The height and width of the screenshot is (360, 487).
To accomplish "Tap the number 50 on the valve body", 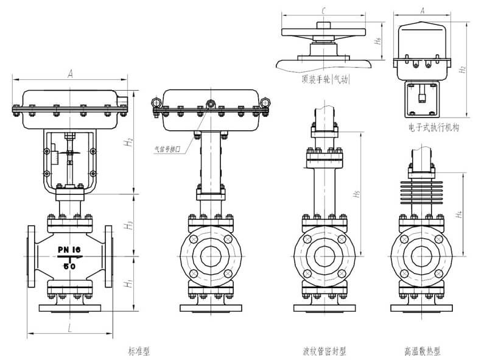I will coord(71,267).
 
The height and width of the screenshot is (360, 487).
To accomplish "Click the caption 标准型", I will coord(139,351).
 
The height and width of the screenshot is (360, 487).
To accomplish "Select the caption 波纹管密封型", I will coord(324,351).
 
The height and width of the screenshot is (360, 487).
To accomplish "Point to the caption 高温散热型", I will coord(421,351).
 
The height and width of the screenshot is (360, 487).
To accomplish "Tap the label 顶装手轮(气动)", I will coord(327,79).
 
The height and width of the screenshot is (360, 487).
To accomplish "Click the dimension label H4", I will coord(460,214).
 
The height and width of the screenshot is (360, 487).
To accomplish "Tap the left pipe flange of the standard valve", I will coord(31,255).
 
